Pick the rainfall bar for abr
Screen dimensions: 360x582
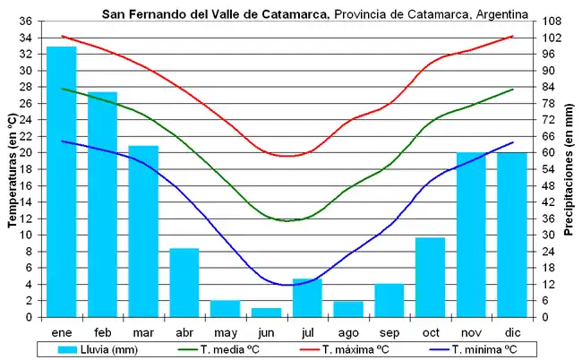(x=184, y=282)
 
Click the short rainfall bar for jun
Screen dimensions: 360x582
(x=266, y=313)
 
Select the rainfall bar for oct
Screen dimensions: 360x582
(x=430, y=277)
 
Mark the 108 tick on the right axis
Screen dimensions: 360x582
(x=552, y=21)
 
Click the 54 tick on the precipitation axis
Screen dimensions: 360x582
(x=549, y=169)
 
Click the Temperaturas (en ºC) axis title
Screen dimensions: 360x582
(x=10, y=169)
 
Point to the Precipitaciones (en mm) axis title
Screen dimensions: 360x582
(x=570, y=169)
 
